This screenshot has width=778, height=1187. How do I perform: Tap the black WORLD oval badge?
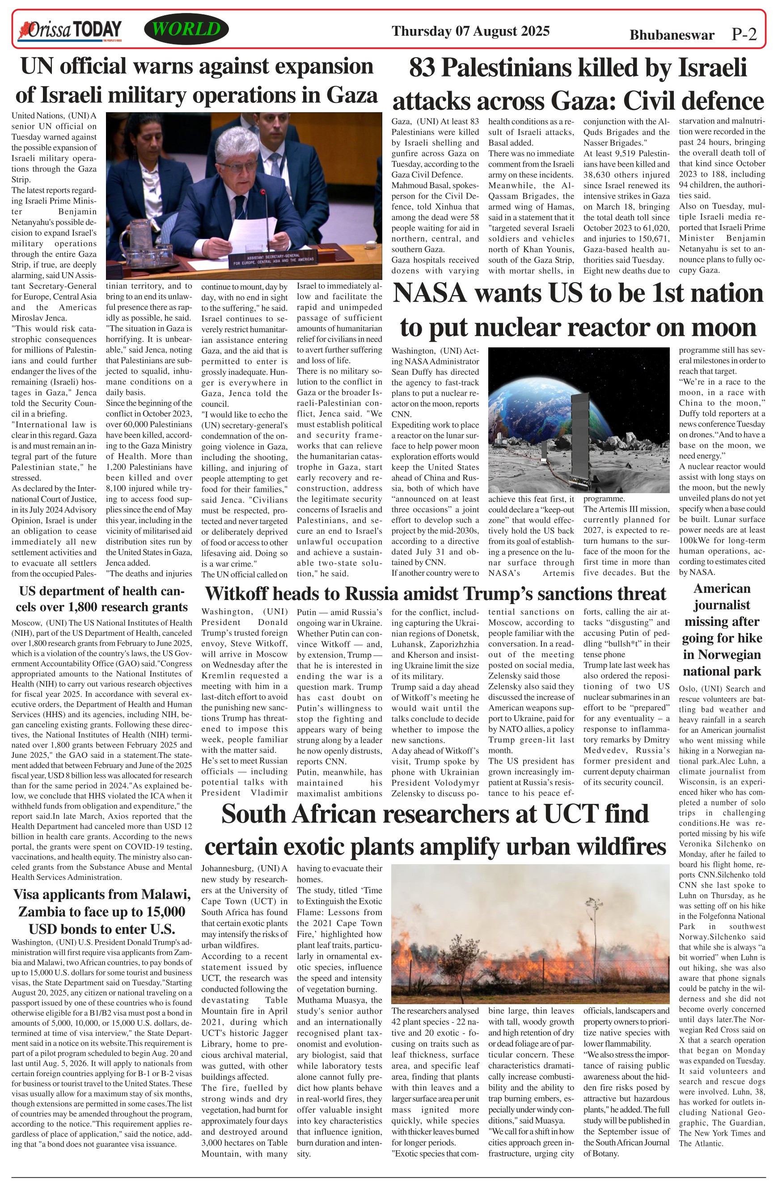186,30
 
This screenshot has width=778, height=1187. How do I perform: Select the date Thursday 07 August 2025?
470,31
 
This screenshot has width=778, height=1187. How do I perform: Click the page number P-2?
744,34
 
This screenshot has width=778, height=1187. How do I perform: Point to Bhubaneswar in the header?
671,35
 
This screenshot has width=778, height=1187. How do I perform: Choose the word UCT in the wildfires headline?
571,814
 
